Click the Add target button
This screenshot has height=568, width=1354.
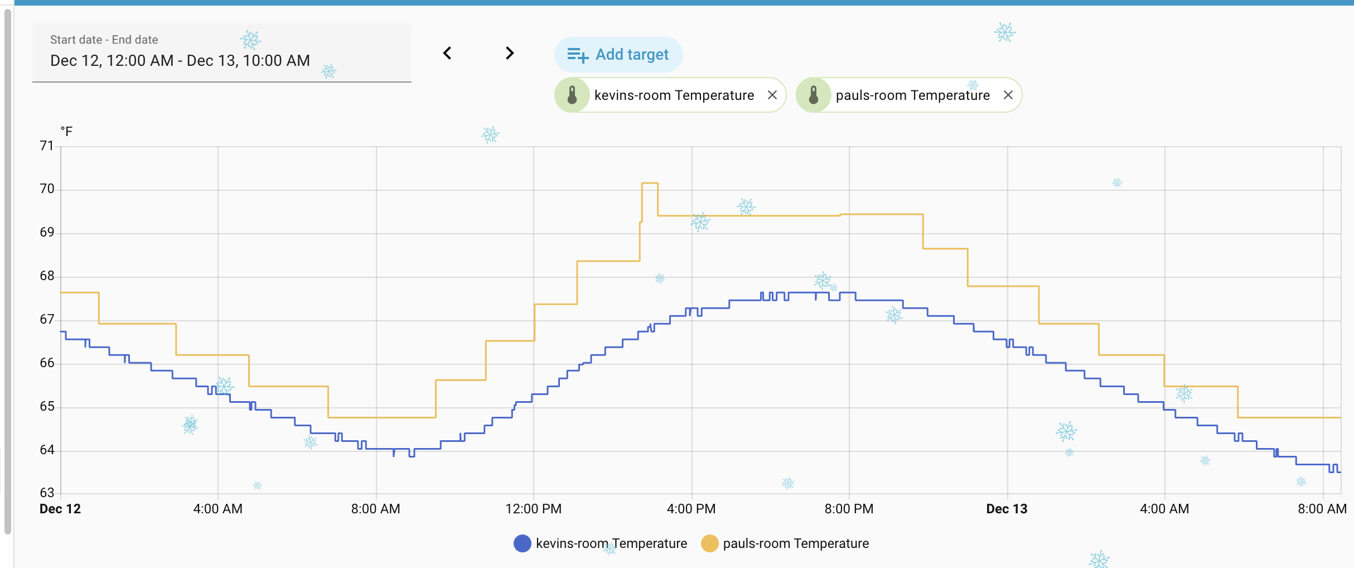[618, 55]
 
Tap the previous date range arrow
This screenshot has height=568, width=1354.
[447, 54]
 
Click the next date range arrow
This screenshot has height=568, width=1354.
[509, 54]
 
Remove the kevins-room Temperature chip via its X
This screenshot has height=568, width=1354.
[772, 95]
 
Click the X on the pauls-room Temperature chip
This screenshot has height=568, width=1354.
[1008, 95]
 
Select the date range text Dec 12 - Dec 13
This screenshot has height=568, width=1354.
[180, 61]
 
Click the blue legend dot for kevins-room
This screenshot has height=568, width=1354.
[522, 543]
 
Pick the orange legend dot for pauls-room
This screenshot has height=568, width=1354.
[709, 543]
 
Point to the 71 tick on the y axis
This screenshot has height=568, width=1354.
[47, 146]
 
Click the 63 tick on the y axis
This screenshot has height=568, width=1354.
[47, 493]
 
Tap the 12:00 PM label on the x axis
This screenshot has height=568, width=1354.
[533, 509]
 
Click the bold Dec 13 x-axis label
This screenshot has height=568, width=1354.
[1007, 509]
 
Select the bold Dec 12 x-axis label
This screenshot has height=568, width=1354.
[60, 509]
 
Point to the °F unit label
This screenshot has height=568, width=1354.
[66, 132]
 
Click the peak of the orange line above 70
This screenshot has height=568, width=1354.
[650, 183]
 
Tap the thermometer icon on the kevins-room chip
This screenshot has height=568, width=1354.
[572, 95]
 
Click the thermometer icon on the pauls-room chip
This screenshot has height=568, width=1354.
[814, 95]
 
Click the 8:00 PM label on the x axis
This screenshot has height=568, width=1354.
[849, 509]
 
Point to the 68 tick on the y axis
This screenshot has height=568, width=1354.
[47, 276]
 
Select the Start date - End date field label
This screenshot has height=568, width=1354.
[104, 40]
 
